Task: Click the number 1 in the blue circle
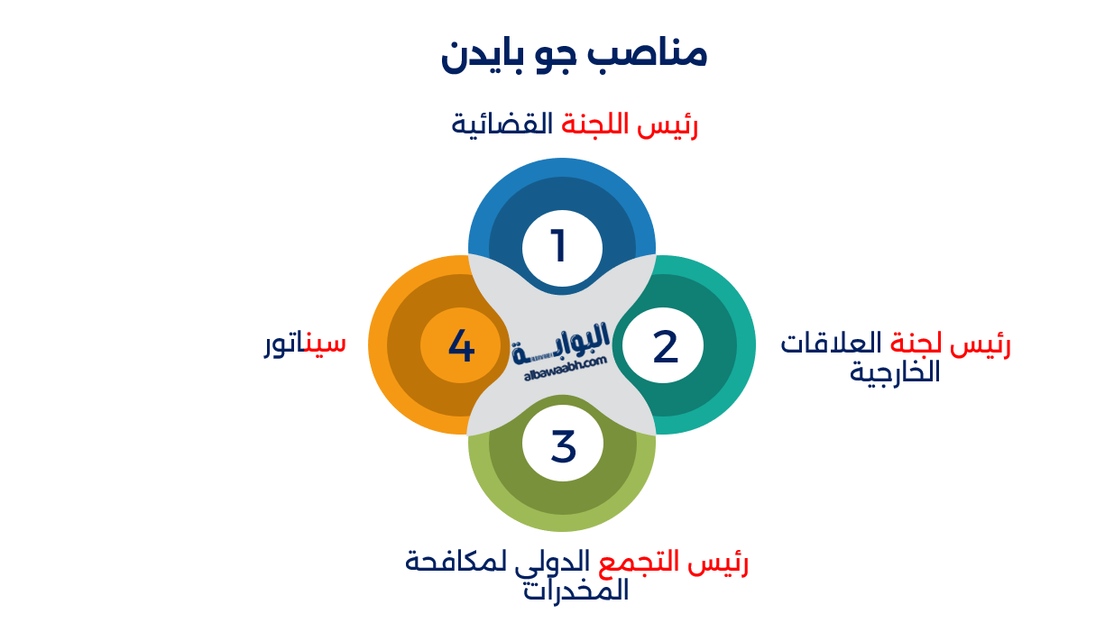559,246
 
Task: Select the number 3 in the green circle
563,447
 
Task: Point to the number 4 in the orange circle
461,346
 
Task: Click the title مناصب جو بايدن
574,54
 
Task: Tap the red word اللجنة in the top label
595,124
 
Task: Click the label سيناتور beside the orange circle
304,343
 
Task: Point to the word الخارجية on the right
895,371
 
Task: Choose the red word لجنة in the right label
916,343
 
